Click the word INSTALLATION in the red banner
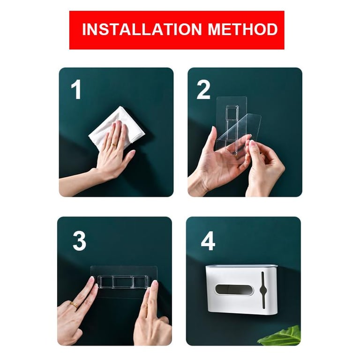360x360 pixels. tap(142, 30)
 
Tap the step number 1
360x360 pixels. tap(76, 90)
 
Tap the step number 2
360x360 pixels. tap(203, 90)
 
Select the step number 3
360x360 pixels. tap(79, 241)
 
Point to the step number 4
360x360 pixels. tap(208, 241)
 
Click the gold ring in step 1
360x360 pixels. tap(113, 145)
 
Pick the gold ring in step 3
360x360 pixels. tap(74, 305)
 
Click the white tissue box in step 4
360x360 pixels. tap(241, 290)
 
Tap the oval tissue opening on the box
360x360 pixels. tap(234, 290)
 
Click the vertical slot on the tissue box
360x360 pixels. tap(263, 290)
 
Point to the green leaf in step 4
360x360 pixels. tap(281, 336)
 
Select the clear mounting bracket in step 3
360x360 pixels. tap(123, 282)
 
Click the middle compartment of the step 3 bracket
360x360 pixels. tap(123, 282)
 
